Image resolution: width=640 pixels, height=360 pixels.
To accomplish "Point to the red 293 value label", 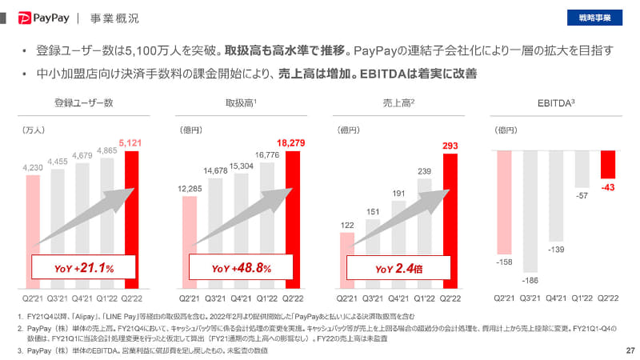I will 450,146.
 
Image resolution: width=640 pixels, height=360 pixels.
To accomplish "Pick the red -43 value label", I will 608,186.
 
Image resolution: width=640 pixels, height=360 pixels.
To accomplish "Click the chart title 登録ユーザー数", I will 83,102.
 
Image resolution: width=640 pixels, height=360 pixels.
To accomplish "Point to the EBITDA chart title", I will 556,102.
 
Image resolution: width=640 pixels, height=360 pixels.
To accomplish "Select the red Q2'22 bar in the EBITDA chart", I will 608,164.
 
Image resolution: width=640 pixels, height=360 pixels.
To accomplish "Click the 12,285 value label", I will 190,189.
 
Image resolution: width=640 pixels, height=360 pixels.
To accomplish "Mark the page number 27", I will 630,350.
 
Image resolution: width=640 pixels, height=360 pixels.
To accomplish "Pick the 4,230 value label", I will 32,167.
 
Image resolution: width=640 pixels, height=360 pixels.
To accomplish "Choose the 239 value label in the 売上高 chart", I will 425,170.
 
